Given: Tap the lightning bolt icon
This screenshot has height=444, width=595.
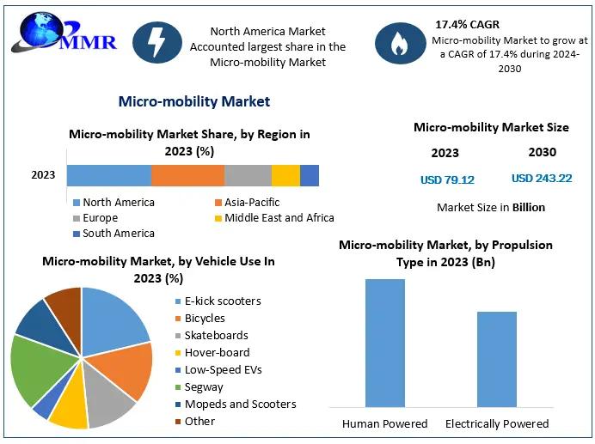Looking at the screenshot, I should [157, 42].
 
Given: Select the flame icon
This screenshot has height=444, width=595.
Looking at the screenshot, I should [400, 44].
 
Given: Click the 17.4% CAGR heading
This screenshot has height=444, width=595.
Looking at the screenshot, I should [467, 24].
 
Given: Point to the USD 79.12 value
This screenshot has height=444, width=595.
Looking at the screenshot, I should [447, 180].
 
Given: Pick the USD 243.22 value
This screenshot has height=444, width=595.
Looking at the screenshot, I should [541, 179].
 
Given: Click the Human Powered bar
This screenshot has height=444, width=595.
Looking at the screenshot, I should [384, 343].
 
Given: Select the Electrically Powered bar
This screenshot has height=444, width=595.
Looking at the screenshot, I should [496, 359].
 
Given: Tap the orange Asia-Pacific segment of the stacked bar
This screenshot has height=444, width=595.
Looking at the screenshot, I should [187, 175].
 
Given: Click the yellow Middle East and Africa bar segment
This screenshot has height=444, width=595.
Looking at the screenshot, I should [285, 175].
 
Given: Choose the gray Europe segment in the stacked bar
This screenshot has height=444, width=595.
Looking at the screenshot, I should [248, 175].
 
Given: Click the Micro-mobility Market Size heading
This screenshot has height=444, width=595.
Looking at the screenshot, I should [491, 127].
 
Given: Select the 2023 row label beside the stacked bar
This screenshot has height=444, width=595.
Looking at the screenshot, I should [43, 175].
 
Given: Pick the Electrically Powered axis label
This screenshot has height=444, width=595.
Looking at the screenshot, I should [497, 423].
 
